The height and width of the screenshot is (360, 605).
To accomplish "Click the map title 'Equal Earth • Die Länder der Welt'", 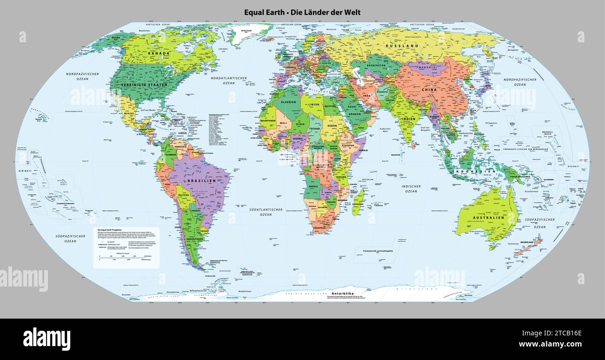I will pos(302,13).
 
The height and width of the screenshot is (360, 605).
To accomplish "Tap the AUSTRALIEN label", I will pos(489,217).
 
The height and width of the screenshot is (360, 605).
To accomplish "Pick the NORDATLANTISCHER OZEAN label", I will pos(229,80).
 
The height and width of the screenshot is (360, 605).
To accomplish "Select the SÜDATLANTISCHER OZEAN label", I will pos(266,212).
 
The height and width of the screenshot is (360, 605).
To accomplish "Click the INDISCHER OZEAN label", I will pos(411,189).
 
